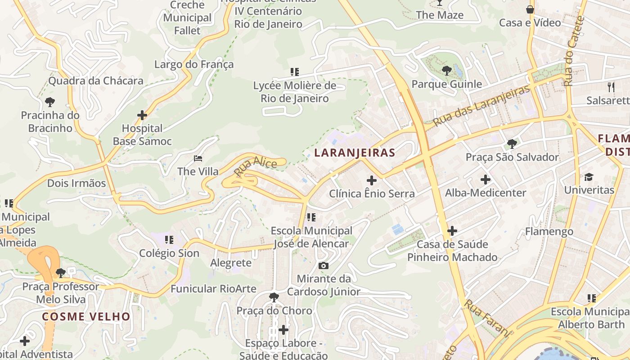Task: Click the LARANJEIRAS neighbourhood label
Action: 355,153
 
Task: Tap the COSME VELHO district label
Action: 86,316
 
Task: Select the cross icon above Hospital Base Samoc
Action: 142,115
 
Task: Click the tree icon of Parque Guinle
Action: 446,70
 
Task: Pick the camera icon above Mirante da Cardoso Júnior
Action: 323,265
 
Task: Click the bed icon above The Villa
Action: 198,158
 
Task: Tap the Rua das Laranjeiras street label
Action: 481,106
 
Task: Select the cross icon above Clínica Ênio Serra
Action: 372,180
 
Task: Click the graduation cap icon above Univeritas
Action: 589,176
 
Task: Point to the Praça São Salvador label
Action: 512,157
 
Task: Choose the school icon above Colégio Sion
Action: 169,239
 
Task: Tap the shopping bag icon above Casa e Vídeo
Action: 530,9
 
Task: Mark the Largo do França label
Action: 194,64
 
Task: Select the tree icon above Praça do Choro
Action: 274,297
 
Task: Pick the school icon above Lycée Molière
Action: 295,72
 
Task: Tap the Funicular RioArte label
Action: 213,289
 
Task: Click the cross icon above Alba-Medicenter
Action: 486,180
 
